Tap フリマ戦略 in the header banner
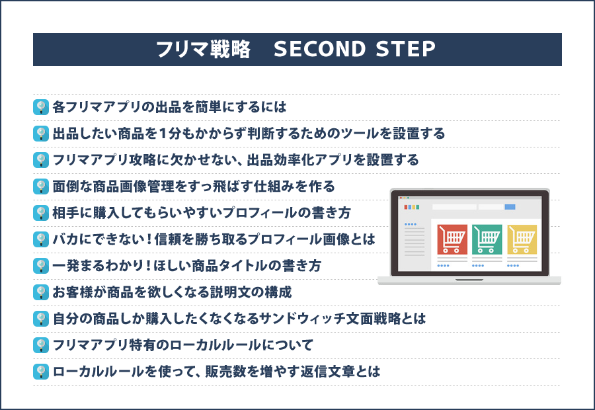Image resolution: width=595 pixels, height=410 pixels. [x=203, y=50]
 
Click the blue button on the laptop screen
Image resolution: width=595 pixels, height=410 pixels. [x=510, y=207]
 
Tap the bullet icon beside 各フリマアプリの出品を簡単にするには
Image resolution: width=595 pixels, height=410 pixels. [x=41, y=106]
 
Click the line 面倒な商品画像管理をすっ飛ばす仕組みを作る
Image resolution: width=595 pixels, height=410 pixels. [x=194, y=186]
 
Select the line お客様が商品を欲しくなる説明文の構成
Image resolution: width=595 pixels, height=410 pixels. [x=172, y=292]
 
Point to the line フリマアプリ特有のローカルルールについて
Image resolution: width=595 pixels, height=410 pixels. [x=182, y=345]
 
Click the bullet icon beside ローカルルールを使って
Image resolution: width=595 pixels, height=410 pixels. [x=41, y=371]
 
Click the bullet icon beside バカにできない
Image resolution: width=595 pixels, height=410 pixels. [x=41, y=239]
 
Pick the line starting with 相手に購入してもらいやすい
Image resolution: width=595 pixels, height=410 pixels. [x=202, y=212]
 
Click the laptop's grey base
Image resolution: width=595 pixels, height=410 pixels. [x=469, y=280]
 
